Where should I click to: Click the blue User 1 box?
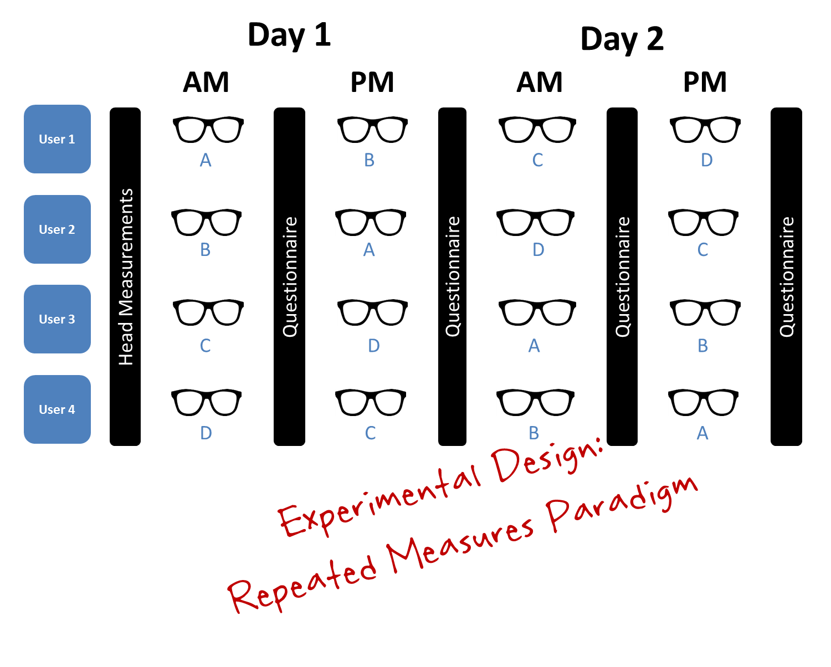[x=57, y=139]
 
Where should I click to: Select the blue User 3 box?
[x=57, y=319]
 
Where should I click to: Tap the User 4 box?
[x=57, y=409]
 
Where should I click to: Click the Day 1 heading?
[x=289, y=35]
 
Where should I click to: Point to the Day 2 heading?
[x=622, y=39]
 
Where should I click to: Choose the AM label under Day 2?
[x=539, y=82]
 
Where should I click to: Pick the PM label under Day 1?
[x=372, y=82]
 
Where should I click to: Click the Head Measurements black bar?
[x=125, y=276]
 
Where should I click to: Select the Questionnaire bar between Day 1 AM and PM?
[x=289, y=276]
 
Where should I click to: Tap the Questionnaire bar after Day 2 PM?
[x=786, y=276]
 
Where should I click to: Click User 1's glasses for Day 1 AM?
[x=208, y=130]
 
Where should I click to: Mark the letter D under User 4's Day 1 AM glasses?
[x=206, y=433]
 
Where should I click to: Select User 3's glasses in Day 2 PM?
[x=705, y=312]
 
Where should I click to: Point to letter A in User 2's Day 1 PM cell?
[x=369, y=250]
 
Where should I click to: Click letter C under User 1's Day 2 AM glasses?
[x=537, y=160]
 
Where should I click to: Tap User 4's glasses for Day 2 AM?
[x=535, y=403]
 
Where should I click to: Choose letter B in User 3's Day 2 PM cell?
[x=702, y=346]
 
